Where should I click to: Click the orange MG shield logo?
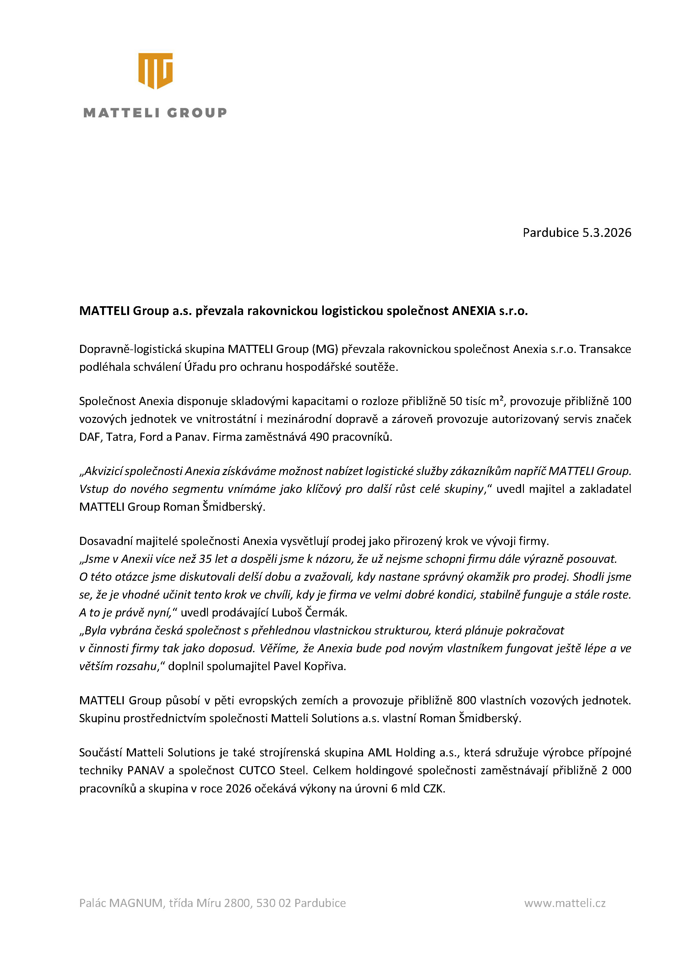click(x=155, y=71)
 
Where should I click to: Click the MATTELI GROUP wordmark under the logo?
click(x=155, y=113)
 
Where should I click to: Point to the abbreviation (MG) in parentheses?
click(x=325, y=349)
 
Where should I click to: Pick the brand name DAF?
click(x=89, y=437)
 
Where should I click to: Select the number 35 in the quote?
click(x=205, y=559)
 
